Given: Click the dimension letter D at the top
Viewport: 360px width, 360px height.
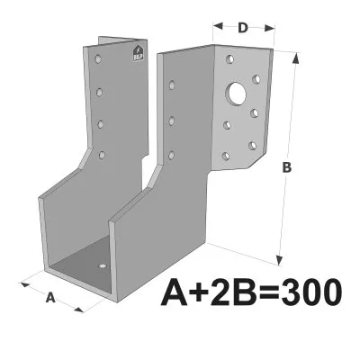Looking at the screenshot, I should coord(244,27).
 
